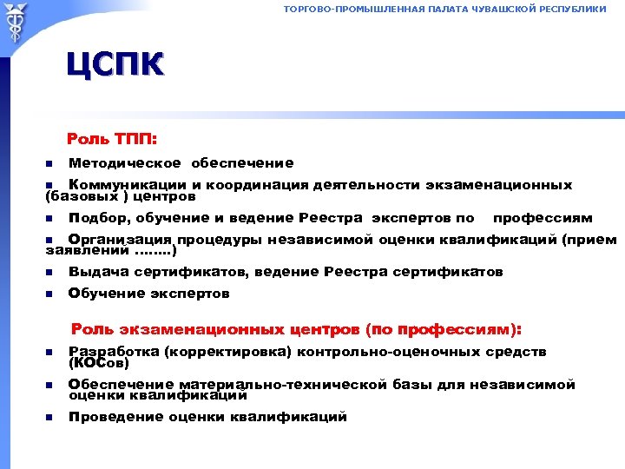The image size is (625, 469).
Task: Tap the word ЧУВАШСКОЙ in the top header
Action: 501,9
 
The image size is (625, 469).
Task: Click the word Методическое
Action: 125,162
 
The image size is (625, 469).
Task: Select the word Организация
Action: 121,240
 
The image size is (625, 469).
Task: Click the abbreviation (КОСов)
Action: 97,363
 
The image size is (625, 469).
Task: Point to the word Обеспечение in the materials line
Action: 120,384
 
